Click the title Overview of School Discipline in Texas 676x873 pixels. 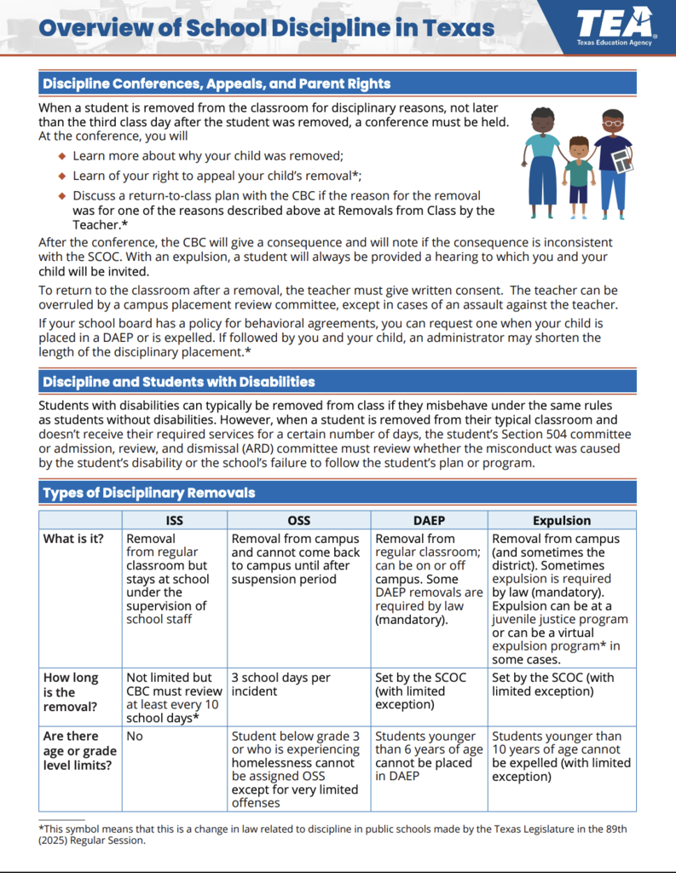[x=267, y=27]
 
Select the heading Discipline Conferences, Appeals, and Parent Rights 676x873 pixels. [x=217, y=84]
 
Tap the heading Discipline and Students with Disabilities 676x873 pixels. [x=179, y=381]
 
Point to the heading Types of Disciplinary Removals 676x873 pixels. [x=149, y=493]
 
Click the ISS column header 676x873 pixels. [x=174, y=520]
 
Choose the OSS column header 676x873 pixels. [x=298, y=520]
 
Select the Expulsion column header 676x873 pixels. [x=561, y=520]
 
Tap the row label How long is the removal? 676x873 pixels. [x=72, y=691]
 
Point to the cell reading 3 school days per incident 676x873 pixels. [x=281, y=685]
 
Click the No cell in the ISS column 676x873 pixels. [x=135, y=736]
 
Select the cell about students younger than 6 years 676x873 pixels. [x=429, y=756]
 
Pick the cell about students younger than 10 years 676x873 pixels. [x=561, y=756]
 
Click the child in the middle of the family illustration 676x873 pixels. [x=580, y=171]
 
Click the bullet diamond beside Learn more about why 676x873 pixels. [x=61, y=156]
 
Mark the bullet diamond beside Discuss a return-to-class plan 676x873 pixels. [x=61, y=195]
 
